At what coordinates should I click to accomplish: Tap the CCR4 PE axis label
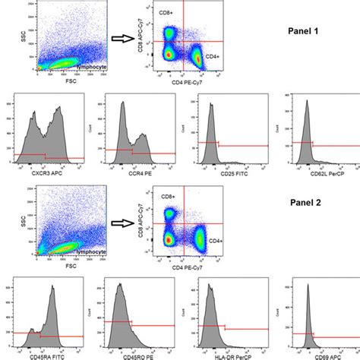click(x=140, y=172)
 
